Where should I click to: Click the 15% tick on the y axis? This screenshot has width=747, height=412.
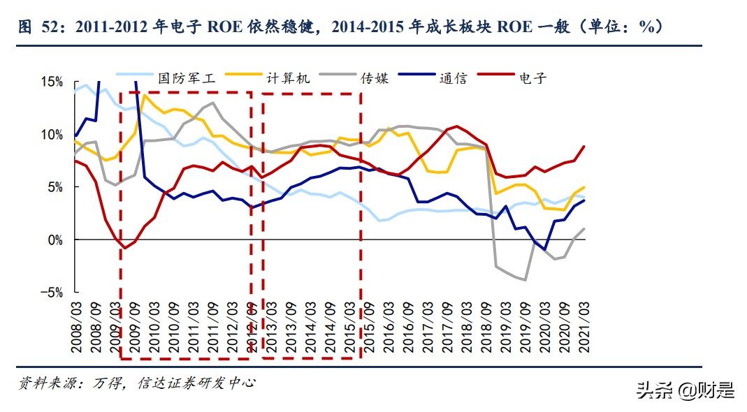[x=52, y=82]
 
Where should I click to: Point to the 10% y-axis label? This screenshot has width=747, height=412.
[x=52, y=134]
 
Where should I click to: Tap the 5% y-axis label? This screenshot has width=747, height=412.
[x=55, y=187]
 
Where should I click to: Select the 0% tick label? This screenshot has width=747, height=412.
[x=55, y=240]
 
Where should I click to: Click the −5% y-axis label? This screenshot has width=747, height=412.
[x=52, y=293]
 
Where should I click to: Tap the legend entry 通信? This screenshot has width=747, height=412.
[x=453, y=78]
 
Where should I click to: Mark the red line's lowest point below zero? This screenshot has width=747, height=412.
[x=124, y=248]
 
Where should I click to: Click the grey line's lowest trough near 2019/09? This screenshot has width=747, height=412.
[x=525, y=280]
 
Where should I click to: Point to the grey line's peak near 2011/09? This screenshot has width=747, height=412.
[x=212, y=103]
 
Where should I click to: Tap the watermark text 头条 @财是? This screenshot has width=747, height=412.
[x=685, y=390]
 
